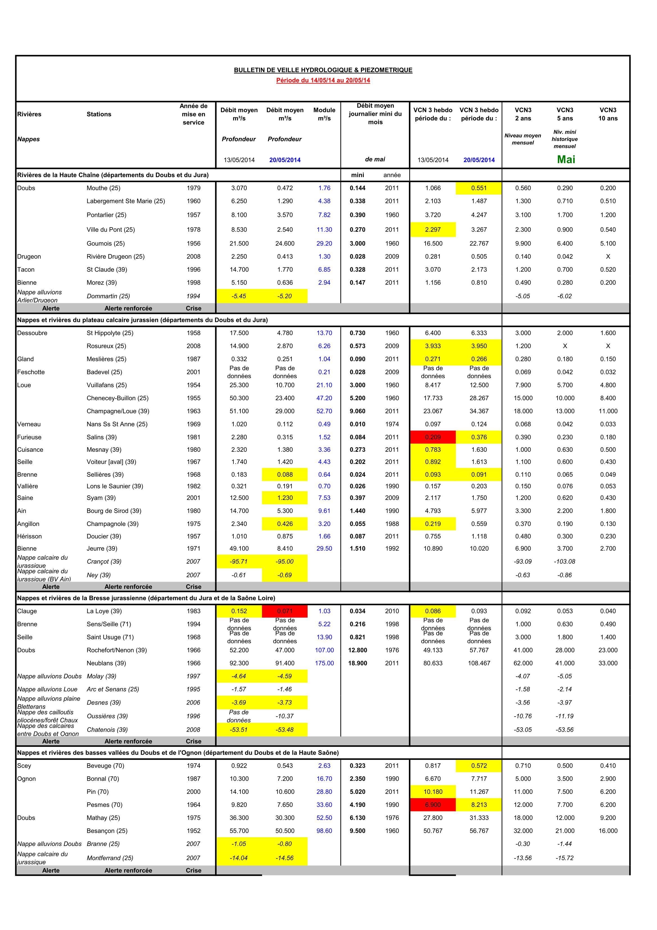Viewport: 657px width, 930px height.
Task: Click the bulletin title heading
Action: [323, 70]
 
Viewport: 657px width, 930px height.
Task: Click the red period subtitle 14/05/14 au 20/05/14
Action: [323, 80]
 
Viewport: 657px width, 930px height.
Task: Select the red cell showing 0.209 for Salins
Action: [433, 437]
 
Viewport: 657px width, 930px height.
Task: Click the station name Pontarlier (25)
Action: [106, 215]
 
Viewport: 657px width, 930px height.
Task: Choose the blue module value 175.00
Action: [324, 663]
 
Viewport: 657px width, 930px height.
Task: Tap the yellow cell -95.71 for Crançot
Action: [239, 561]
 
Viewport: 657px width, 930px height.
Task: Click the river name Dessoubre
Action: [32, 333]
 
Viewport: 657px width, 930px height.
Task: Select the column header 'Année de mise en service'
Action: [194, 114]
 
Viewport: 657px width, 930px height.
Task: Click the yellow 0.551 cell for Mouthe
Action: [479, 188]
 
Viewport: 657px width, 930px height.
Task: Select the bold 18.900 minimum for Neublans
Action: [358, 663]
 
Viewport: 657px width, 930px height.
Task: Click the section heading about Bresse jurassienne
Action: [146, 598]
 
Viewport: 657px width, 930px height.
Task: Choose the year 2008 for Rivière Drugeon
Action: [194, 256]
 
